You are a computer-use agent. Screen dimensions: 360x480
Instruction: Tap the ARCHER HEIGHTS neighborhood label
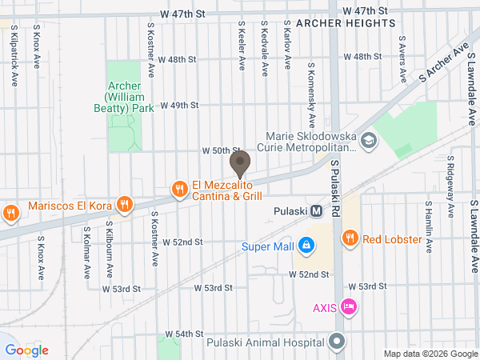point(346,24)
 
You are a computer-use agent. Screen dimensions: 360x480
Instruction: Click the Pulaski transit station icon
point(317,212)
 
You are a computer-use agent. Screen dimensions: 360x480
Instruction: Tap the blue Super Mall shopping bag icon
point(306,244)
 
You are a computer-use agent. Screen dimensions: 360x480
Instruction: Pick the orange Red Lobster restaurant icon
point(349,238)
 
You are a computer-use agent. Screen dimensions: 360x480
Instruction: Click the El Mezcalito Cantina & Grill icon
point(180,190)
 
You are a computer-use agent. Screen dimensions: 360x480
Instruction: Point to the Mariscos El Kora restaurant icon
point(123,205)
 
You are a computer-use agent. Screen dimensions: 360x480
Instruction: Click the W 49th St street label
point(178,105)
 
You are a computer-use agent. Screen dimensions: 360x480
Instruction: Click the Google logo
point(27,350)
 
